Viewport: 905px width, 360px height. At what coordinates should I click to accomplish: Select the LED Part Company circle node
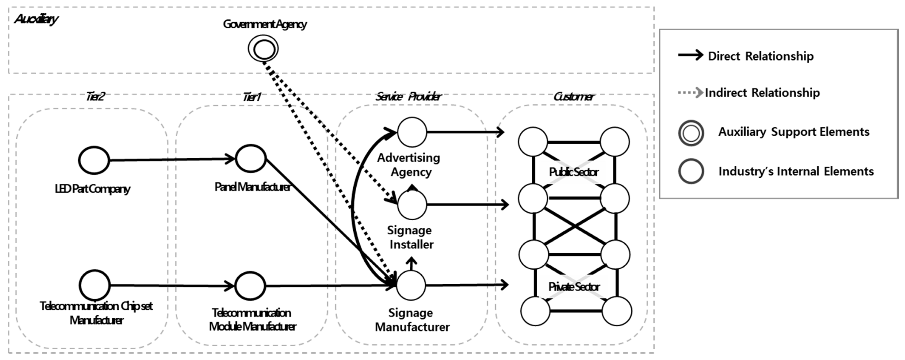tap(94, 160)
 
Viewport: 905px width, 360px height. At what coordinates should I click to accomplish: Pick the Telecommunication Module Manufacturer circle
tap(250, 286)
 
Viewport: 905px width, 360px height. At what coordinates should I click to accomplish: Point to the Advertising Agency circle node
tap(412, 132)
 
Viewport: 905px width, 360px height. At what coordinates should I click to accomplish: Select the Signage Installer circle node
tap(412, 204)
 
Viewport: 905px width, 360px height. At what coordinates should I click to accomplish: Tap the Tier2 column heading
tap(95, 96)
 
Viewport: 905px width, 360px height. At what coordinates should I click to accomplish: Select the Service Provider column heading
tap(408, 96)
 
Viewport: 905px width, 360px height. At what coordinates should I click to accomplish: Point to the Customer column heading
tap(573, 96)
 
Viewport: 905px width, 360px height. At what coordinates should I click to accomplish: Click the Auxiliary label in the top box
tap(36, 19)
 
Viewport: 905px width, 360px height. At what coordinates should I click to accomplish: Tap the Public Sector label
tap(573, 172)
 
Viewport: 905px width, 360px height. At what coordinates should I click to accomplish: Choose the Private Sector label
tap(573, 287)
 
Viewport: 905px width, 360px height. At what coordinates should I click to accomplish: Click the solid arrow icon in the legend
tap(690, 55)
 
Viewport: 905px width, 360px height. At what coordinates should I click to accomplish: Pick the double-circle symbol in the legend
tap(691, 133)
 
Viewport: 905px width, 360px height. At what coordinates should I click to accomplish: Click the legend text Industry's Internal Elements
tap(796, 171)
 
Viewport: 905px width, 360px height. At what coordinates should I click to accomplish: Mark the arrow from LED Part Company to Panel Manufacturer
tap(172, 159)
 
